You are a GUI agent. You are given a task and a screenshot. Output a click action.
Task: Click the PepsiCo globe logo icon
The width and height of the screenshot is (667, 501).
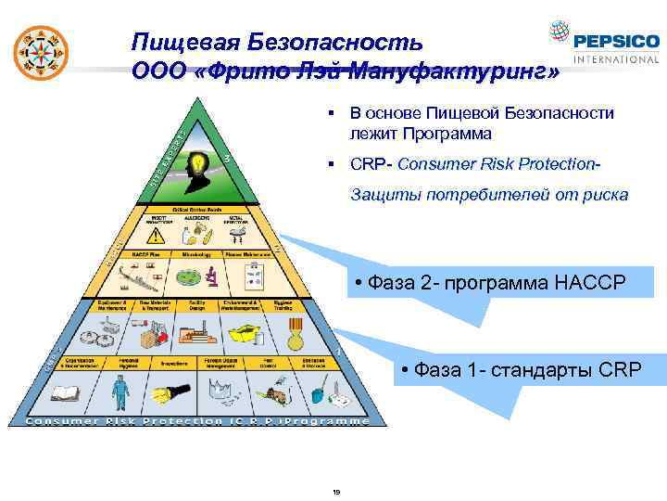coord(559,32)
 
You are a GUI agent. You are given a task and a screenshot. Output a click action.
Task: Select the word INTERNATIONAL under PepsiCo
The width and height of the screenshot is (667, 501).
coord(616,59)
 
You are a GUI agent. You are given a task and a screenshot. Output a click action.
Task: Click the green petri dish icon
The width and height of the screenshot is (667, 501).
coord(189,276)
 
